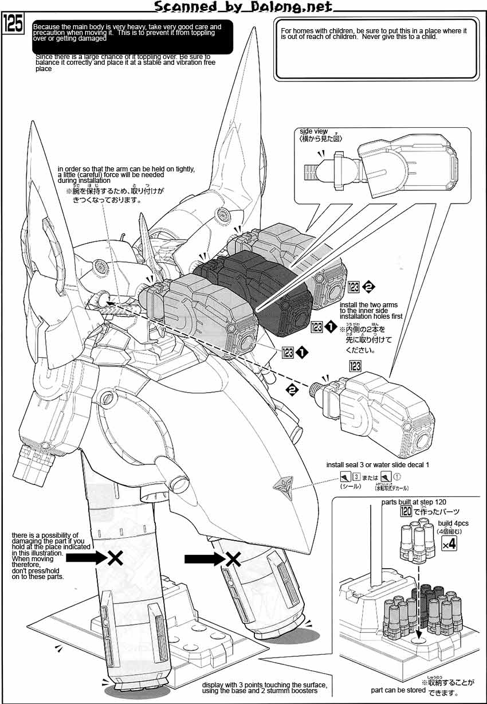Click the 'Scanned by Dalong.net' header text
point(244,7)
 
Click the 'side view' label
point(313,131)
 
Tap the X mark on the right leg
point(232,559)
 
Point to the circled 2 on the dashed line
point(293,390)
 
